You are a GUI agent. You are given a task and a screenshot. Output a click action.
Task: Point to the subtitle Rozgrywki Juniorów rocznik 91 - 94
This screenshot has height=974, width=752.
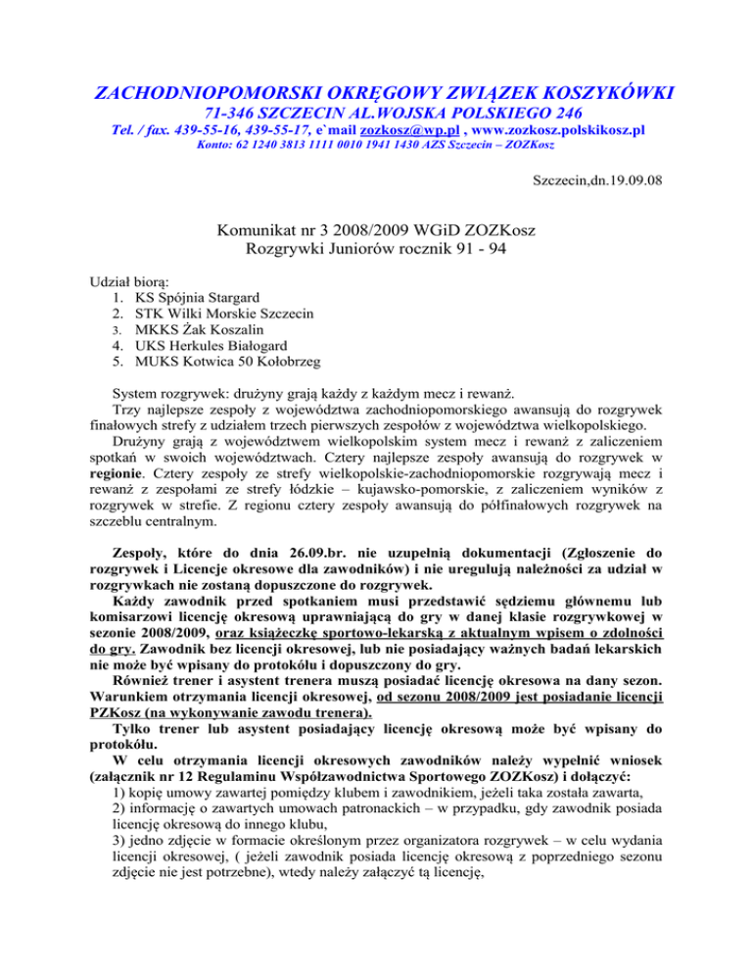(x=375, y=254)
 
